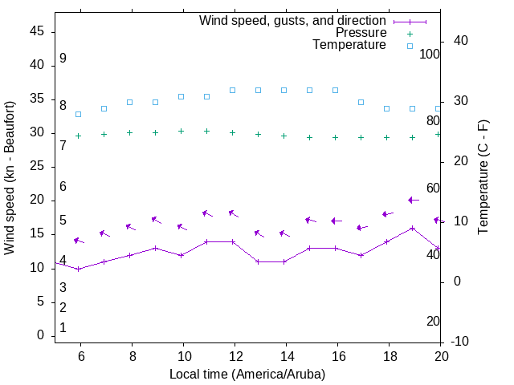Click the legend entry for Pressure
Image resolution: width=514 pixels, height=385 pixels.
click(361, 33)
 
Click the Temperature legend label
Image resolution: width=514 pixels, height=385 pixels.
click(349, 45)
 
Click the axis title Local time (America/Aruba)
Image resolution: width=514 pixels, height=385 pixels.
click(247, 374)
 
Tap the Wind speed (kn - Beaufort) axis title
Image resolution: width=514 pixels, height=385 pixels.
click(10, 178)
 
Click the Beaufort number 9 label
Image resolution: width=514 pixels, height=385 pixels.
click(63, 59)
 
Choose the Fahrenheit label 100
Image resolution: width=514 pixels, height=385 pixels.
click(430, 54)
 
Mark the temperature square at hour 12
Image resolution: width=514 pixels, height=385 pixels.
click(232, 90)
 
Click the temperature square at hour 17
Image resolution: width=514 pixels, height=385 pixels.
click(361, 102)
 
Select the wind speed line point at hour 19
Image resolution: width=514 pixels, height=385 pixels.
click(412, 228)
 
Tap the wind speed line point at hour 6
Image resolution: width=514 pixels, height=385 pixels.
click(78, 269)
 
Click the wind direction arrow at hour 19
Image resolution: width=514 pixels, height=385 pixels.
click(413, 200)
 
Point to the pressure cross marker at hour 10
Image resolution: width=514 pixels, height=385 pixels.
click(181, 131)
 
